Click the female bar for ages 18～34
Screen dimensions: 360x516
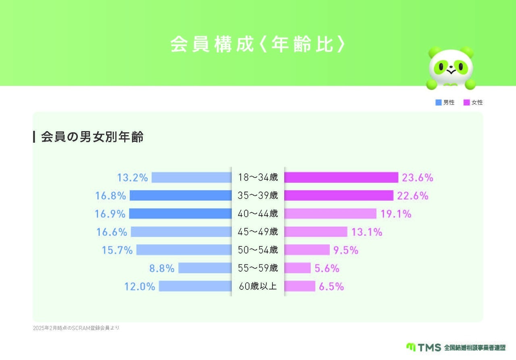[341, 177]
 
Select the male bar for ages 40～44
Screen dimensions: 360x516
[180, 214]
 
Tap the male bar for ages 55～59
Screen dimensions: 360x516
[205, 268]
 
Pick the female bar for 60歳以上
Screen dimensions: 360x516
[300, 286]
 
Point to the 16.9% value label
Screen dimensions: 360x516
[110, 214]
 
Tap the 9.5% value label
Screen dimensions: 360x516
[346, 250]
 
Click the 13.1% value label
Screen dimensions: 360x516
[367, 232]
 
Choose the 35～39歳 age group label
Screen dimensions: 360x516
[258, 196]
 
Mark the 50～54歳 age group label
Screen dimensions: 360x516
[258, 250]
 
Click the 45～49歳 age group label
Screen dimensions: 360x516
[258, 232]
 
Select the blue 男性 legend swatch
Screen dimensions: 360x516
[439, 102]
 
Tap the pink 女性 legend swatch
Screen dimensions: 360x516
[467, 102]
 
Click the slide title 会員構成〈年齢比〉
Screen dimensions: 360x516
[258, 45]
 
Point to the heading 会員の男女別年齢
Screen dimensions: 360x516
[92, 137]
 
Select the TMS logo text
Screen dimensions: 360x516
[429, 348]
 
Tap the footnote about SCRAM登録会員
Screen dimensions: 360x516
[76, 328]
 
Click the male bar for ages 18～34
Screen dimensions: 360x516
[191, 177]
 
